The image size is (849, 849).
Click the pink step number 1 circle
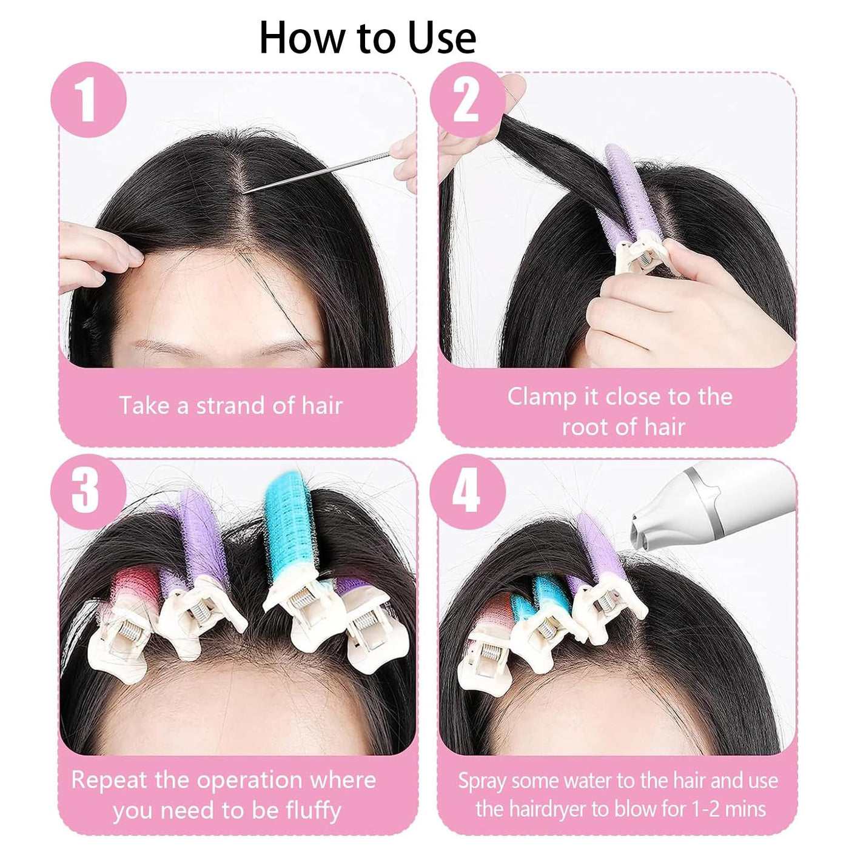pyautogui.click(x=89, y=99)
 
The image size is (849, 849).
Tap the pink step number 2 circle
pyautogui.click(x=467, y=99)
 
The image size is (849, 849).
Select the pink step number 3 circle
pyautogui.click(x=89, y=491)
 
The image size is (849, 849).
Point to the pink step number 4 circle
pyautogui.click(x=467, y=491)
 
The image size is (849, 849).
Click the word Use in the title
pyautogui.click(x=441, y=38)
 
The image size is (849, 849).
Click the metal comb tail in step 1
pyautogui.click(x=317, y=172)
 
